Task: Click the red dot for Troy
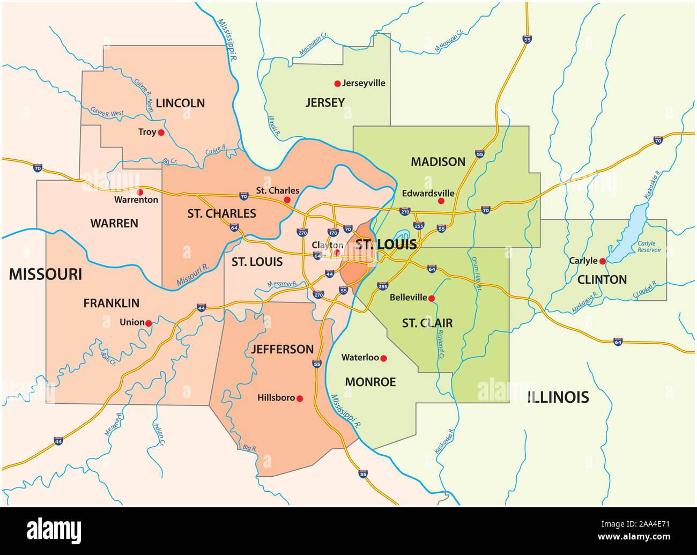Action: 161,132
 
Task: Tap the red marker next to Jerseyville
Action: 337,83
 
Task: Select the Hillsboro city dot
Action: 300,398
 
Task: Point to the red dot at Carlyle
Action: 603,261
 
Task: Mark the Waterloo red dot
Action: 383,358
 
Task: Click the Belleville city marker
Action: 432,298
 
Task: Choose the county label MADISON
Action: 438,161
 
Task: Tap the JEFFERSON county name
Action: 282,349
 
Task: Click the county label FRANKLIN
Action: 111,303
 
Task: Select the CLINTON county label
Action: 602,279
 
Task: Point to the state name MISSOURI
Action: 46,274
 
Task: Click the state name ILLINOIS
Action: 558,397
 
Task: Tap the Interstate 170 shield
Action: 333,233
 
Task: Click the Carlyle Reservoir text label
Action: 649,247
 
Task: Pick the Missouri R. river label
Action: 192,274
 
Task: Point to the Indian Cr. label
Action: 159,435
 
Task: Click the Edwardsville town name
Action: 428,193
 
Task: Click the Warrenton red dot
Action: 140,191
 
